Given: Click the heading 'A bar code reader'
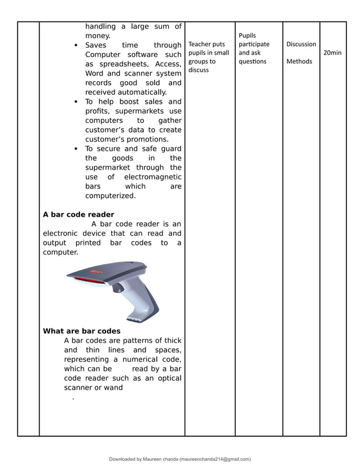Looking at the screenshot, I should (x=78, y=214).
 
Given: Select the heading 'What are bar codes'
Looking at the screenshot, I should (x=82, y=331).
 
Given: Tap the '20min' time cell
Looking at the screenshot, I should (x=332, y=52).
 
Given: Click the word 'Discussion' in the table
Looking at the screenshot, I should (x=301, y=44).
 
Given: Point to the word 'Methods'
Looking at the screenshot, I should (x=299, y=61).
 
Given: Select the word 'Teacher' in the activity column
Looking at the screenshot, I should (x=199, y=44).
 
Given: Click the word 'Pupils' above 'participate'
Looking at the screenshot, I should (x=247, y=36).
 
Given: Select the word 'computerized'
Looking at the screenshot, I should (x=110, y=196).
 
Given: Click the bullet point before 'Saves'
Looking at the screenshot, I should (x=76, y=45).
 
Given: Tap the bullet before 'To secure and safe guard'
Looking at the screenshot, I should (x=76, y=149).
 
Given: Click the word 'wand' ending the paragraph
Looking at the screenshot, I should (x=113, y=388).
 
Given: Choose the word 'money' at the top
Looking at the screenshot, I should (x=97, y=36).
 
